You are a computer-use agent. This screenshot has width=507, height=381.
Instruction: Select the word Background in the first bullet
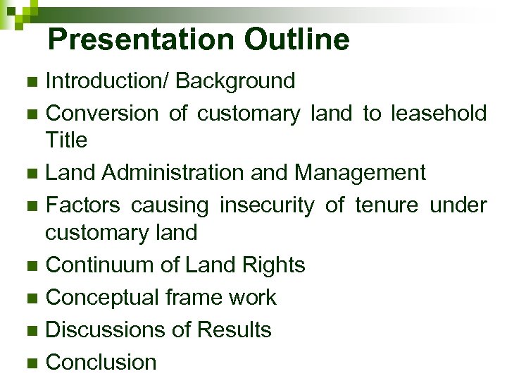(x=235, y=81)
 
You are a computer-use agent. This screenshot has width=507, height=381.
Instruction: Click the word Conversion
(x=102, y=113)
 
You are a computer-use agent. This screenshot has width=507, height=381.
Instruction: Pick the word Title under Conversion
(x=66, y=140)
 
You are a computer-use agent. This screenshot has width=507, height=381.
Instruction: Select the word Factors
(x=83, y=205)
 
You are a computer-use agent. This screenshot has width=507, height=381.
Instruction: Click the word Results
(x=234, y=329)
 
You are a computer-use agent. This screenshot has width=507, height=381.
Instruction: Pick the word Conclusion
(x=101, y=362)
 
